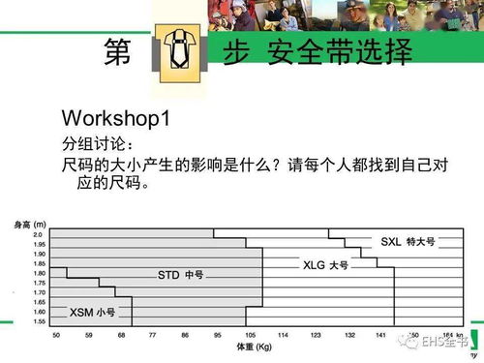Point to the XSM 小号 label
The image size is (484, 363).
pyautogui.click(x=92, y=312)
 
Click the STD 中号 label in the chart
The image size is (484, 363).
pyautogui.click(x=180, y=276)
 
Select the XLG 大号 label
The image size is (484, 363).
pyautogui.click(x=325, y=264)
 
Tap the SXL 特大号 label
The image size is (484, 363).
pyautogui.click(x=403, y=241)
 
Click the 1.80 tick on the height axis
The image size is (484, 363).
pyautogui.click(x=38, y=272)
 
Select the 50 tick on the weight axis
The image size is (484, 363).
pyautogui.click(x=56, y=333)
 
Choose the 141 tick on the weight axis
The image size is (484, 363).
pyautogui.click(x=380, y=333)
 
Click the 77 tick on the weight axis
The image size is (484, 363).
pyautogui.click(x=152, y=333)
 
